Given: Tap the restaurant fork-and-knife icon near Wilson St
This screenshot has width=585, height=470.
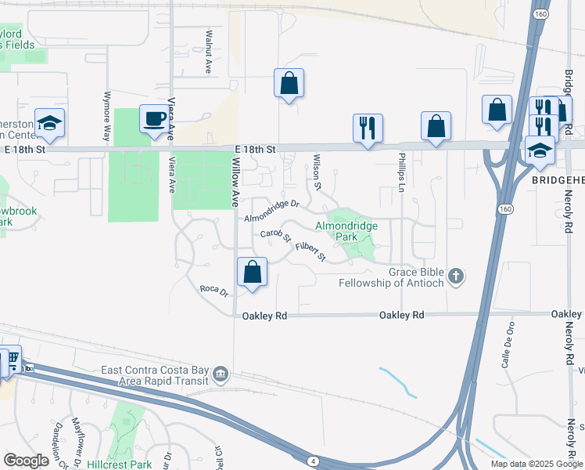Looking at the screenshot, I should (368, 127).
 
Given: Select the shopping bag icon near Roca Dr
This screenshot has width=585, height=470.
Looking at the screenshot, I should (252, 273).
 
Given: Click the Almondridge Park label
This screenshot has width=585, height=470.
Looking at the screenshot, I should (346, 231).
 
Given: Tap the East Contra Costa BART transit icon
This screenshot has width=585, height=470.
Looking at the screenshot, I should (221, 375).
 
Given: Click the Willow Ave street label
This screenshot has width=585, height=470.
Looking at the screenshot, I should (235, 182).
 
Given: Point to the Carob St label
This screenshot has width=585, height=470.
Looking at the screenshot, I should (275, 235).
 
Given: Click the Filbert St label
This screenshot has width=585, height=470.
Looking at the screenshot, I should (310, 251).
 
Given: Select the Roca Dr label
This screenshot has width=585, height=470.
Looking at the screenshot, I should (214, 291).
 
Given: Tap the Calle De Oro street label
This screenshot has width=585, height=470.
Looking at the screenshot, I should (507, 345).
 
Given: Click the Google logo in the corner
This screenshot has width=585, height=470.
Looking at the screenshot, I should (26, 461).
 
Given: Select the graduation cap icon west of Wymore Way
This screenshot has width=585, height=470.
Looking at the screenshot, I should (49, 123).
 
